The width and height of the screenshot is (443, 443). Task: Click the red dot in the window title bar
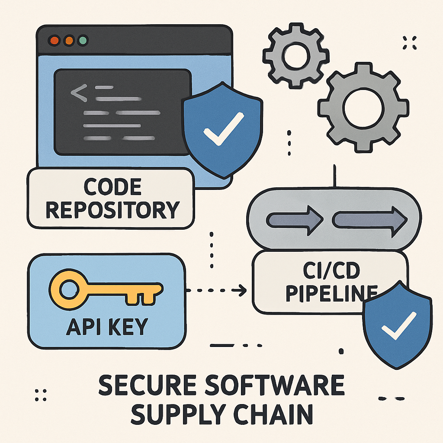54,40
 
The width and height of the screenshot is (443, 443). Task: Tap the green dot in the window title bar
83,40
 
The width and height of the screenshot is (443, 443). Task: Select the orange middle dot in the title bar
69,40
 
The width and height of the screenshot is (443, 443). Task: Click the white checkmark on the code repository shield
224,128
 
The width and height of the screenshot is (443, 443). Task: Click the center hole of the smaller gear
296,56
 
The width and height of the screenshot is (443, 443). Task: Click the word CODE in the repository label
112,187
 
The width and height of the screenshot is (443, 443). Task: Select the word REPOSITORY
112,210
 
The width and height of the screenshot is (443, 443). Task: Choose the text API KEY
107,327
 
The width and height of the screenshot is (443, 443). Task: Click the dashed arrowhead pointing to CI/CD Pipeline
241,290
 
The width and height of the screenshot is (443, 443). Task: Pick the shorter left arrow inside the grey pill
295,220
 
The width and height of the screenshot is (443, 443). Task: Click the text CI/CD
331,270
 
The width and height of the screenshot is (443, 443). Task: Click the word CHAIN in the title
273,414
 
